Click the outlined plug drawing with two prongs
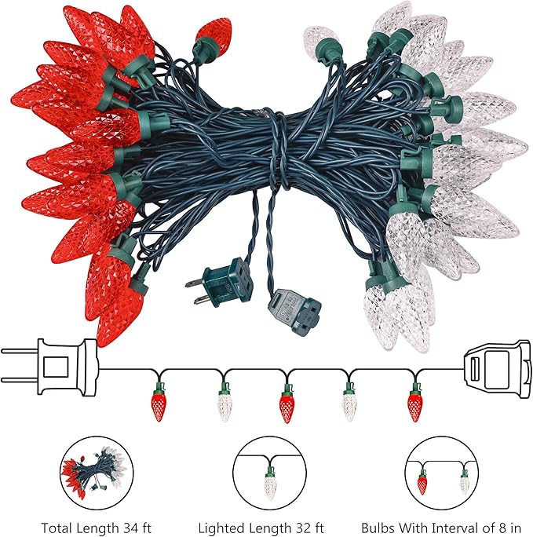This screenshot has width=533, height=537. pos(51,368)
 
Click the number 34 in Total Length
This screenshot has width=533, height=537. pos(125,528)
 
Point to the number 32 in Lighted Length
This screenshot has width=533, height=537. pos(297,528)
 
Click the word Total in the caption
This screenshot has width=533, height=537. pos(56,528)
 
